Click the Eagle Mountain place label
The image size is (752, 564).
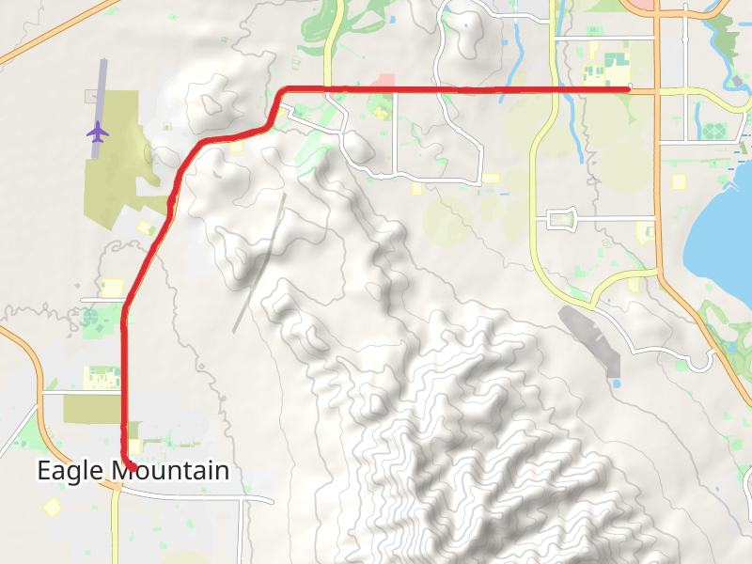pos(133,471)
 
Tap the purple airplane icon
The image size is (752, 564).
pos(97,131)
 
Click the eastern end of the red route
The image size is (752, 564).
pos(629,88)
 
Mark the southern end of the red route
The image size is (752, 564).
pos(133,466)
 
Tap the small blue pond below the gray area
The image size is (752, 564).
pos(617,383)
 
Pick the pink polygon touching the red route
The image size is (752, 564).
pos(384,82)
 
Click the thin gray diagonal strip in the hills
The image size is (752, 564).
pos(259,263)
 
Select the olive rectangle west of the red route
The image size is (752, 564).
pos(91,409)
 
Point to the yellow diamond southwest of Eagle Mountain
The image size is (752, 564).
pos(51,507)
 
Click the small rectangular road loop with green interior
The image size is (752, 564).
pos(561,220)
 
